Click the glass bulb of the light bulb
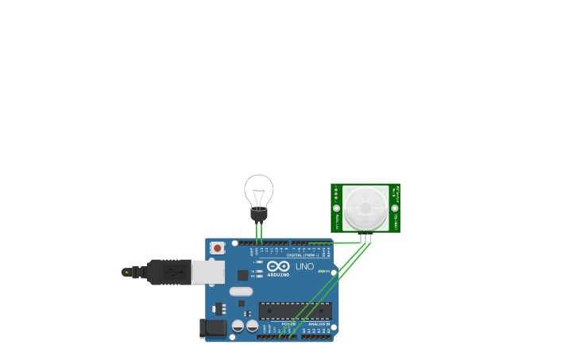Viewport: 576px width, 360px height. tap(259, 191)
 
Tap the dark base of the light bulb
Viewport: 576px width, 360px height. tap(259, 214)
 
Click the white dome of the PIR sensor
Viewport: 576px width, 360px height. tap(365, 208)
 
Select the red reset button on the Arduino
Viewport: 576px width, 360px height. tap(217, 248)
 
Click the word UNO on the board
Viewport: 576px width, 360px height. tap(304, 266)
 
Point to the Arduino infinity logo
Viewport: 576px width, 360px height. tap(278, 265)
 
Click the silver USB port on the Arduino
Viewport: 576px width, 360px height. tap(207, 272)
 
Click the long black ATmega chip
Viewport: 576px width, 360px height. tap(295, 311)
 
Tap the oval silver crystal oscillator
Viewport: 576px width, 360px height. tap(241, 291)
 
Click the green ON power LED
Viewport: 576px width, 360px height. tap(322, 271)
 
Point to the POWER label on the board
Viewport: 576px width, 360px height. tap(288, 324)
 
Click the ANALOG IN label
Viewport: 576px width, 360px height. tap(319, 324)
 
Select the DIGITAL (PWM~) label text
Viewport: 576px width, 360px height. tap(302, 255)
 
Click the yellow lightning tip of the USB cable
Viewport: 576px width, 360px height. tap(126, 272)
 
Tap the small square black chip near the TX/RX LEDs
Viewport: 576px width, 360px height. tap(243, 275)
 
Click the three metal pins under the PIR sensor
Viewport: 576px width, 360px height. tap(365, 238)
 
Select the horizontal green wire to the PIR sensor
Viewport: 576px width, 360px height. tap(334, 242)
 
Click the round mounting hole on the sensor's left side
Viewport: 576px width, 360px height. tap(336, 208)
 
